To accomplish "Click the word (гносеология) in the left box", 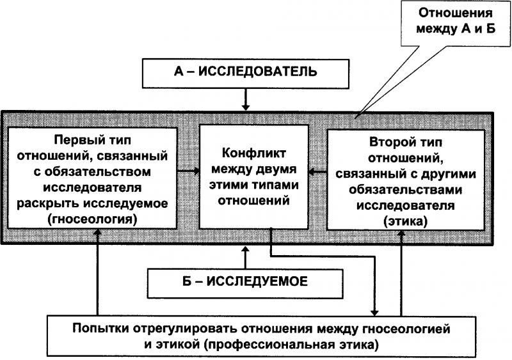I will pyautogui.click(x=93, y=219).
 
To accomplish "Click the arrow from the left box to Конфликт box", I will pyautogui.click(x=188, y=171).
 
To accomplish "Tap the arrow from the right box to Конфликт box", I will pyautogui.click(x=317, y=171).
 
